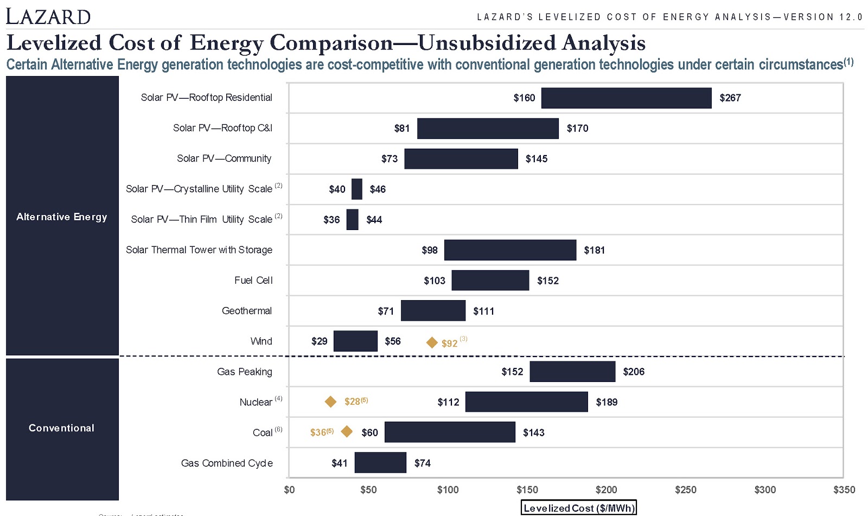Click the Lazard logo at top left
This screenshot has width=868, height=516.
[48, 16]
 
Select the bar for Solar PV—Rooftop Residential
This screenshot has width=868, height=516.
[626, 98]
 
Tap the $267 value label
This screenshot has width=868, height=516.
[730, 98]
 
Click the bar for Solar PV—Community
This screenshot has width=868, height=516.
[461, 158]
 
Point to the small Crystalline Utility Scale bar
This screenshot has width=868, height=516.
[356, 189]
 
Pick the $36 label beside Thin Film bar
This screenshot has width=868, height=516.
[331, 219]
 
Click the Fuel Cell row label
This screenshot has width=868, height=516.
[253, 280]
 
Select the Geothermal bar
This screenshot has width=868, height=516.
[433, 310]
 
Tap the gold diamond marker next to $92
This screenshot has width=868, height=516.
[432, 342]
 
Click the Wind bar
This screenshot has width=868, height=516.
[355, 341]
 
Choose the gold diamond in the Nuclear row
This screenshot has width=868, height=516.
[330, 402]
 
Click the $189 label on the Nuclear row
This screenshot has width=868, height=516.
[607, 402]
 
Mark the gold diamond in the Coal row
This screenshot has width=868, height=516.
[347, 431]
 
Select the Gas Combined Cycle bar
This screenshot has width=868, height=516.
[380, 462]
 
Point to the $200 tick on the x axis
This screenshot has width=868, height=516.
[606, 489]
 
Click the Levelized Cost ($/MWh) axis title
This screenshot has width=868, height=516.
[578, 508]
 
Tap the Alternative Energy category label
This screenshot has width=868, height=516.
[62, 216]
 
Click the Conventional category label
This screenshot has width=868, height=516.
[62, 428]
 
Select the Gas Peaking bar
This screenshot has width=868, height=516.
[572, 371]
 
